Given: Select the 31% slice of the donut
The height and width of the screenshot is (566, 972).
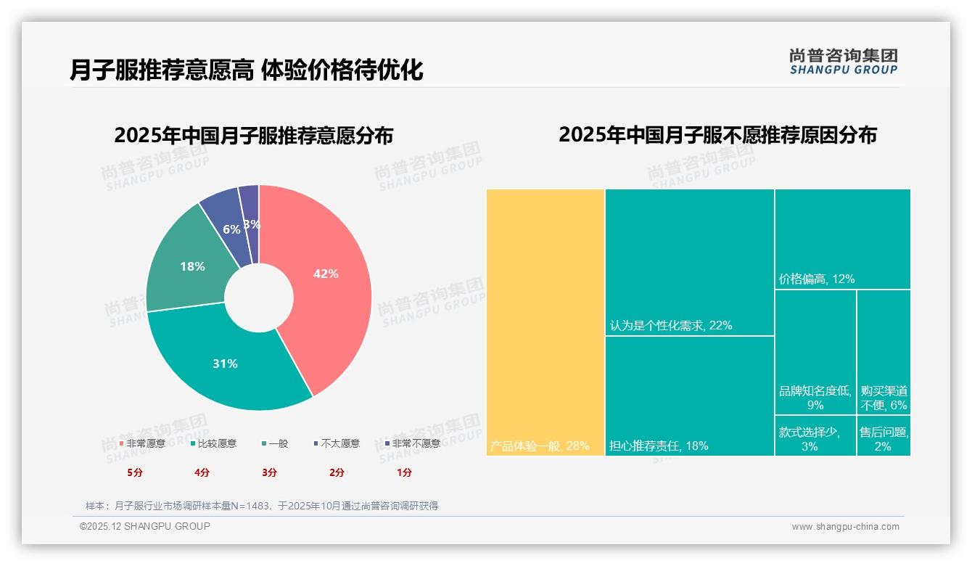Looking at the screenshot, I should [x=225, y=364].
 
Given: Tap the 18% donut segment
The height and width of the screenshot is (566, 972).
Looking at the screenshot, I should [x=192, y=266].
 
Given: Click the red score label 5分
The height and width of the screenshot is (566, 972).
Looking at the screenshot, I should [x=135, y=472].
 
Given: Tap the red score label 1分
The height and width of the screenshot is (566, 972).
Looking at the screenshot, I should [x=404, y=472].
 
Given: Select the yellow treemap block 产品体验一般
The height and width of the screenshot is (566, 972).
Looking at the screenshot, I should [x=545, y=322].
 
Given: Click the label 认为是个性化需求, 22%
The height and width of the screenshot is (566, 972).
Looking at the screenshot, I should [x=671, y=326].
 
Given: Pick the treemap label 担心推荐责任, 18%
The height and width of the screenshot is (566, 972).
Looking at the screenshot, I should [x=659, y=446].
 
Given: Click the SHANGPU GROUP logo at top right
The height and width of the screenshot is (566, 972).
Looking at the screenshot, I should [x=844, y=62].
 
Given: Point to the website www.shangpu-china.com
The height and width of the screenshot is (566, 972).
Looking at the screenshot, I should [x=845, y=527].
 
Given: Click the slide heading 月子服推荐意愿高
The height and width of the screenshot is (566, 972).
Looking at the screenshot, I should [x=161, y=70].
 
